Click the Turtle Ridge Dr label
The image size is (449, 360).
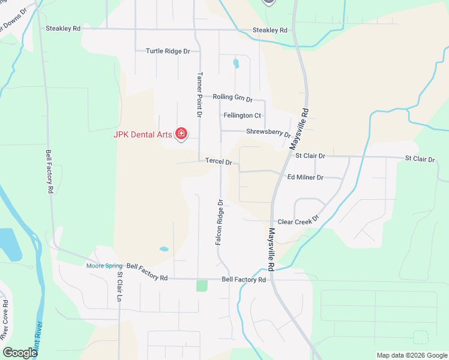pos(167,51)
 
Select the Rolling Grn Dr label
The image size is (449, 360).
pos(233,97)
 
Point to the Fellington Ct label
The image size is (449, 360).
pos(242,115)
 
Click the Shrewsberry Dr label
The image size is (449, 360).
pos(268,133)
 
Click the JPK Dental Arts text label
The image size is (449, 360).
pos(143,134)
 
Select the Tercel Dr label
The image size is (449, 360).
pos(218,161)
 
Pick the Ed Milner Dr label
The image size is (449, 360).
pos(306,178)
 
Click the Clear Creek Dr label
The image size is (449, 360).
pos(297,221)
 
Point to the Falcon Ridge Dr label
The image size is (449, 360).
pos(219,223)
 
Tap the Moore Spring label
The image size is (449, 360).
pos(104,266)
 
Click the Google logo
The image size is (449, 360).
pos(20,352)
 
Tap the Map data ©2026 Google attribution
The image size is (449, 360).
pos(411,355)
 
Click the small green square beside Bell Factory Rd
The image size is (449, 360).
pos(202,286)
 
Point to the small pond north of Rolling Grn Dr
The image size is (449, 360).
pos(236,63)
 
